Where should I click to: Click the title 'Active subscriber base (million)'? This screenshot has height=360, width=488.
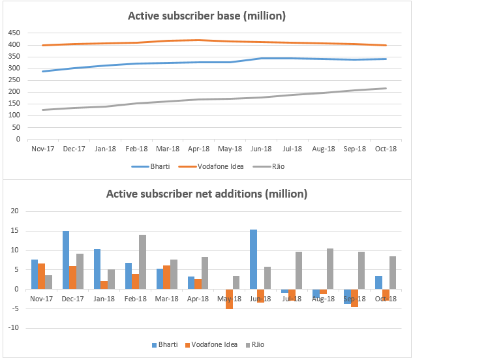tap(206, 15)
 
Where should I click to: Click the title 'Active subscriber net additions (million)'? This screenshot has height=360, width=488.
tap(206, 194)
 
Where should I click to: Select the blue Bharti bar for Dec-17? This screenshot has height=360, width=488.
tap(66, 260)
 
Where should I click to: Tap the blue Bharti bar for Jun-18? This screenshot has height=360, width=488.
tap(254, 259)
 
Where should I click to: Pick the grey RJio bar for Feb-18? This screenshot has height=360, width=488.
tap(142, 262)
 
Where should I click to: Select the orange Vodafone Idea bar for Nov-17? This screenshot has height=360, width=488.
tap(42, 276)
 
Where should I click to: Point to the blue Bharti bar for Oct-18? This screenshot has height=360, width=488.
tap(379, 282)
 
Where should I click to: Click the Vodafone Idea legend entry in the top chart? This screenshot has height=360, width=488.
tap(217, 166)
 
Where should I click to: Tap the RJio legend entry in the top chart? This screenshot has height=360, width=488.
tap(274, 166)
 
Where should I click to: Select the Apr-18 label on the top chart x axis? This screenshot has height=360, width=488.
tap(198, 149)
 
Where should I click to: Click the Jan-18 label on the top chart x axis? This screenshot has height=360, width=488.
tap(105, 149)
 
